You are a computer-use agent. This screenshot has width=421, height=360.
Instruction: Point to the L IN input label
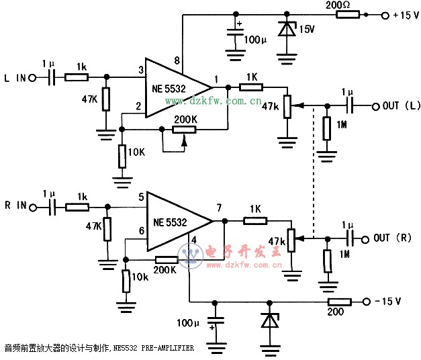(16, 78)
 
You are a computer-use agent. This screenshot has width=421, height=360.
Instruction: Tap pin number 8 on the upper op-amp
(177, 61)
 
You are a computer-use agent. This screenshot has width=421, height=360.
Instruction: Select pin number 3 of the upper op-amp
(141, 69)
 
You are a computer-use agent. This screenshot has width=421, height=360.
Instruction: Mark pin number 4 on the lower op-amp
(193, 239)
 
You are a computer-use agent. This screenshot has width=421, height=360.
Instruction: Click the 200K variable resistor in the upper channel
(183, 129)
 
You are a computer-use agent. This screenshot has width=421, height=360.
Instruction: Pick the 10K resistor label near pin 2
(136, 152)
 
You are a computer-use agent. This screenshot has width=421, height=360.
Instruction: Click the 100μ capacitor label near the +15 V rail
(255, 40)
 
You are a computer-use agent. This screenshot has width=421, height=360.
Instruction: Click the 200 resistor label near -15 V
(336, 312)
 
